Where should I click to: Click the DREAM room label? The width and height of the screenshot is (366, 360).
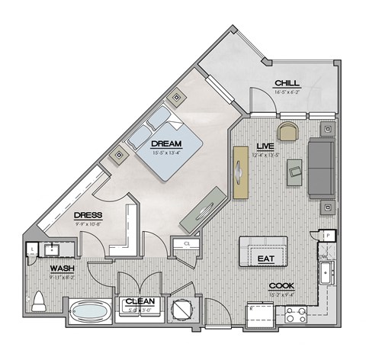[x=165, y=143]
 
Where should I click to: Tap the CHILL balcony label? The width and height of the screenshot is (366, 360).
[x=287, y=83]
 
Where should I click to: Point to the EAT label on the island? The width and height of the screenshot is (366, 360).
[x=265, y=259]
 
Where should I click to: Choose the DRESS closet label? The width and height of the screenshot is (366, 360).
[x=88, y=216]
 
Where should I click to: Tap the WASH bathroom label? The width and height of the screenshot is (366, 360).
[x=62, y=268]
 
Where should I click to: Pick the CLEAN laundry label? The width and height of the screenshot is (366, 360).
[x=140, y=301]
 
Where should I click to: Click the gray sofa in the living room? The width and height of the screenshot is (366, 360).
[x=320, y=167]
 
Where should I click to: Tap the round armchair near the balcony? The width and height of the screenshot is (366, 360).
[x=288, y=131]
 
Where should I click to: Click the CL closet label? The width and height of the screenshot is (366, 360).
[x=188, y=245]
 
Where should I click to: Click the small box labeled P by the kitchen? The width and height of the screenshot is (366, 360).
[x=326, y=236]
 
